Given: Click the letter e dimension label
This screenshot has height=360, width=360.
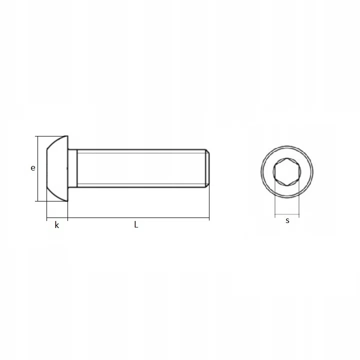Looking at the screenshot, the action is tap(33, 168).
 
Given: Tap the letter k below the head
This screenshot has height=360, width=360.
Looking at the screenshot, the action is tap(56, 225).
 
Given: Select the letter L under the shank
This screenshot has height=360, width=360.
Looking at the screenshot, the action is tap(136, 224).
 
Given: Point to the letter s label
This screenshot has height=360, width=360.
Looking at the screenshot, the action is tap(287, 220).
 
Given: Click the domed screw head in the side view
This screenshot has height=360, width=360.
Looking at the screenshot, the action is tap(57, 168).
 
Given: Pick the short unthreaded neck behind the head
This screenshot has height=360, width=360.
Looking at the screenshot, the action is tap(72, 168).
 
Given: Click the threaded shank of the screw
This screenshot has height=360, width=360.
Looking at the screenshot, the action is tap(141, 168).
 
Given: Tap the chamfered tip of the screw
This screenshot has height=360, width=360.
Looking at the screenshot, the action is tap(207, 168).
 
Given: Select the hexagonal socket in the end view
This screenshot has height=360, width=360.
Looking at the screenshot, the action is tap(287, 171).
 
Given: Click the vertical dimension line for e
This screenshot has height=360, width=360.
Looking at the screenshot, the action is tap(37, 168).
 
